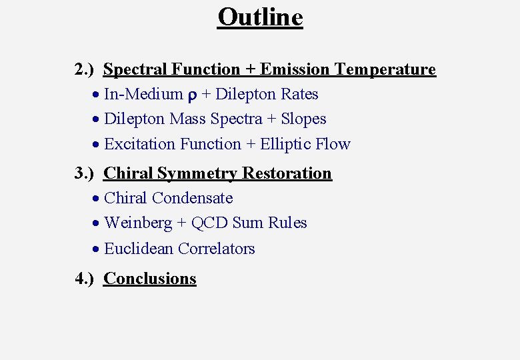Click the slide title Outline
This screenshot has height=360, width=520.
pos(260,17)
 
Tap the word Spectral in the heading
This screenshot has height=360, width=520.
pos(135,69)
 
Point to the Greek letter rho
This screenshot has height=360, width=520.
pos(192,95)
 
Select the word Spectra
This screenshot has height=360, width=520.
pos(236,119)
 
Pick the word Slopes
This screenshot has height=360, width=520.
pos(303,119)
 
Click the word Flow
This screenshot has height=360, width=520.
pos(335,144)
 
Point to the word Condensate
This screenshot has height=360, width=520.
pos(193,198)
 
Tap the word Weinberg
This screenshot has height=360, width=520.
pos(137,223)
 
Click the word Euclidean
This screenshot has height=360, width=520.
pos(139,249)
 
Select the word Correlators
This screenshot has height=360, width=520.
pos(216,249)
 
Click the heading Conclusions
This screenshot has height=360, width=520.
pos(150,279)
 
